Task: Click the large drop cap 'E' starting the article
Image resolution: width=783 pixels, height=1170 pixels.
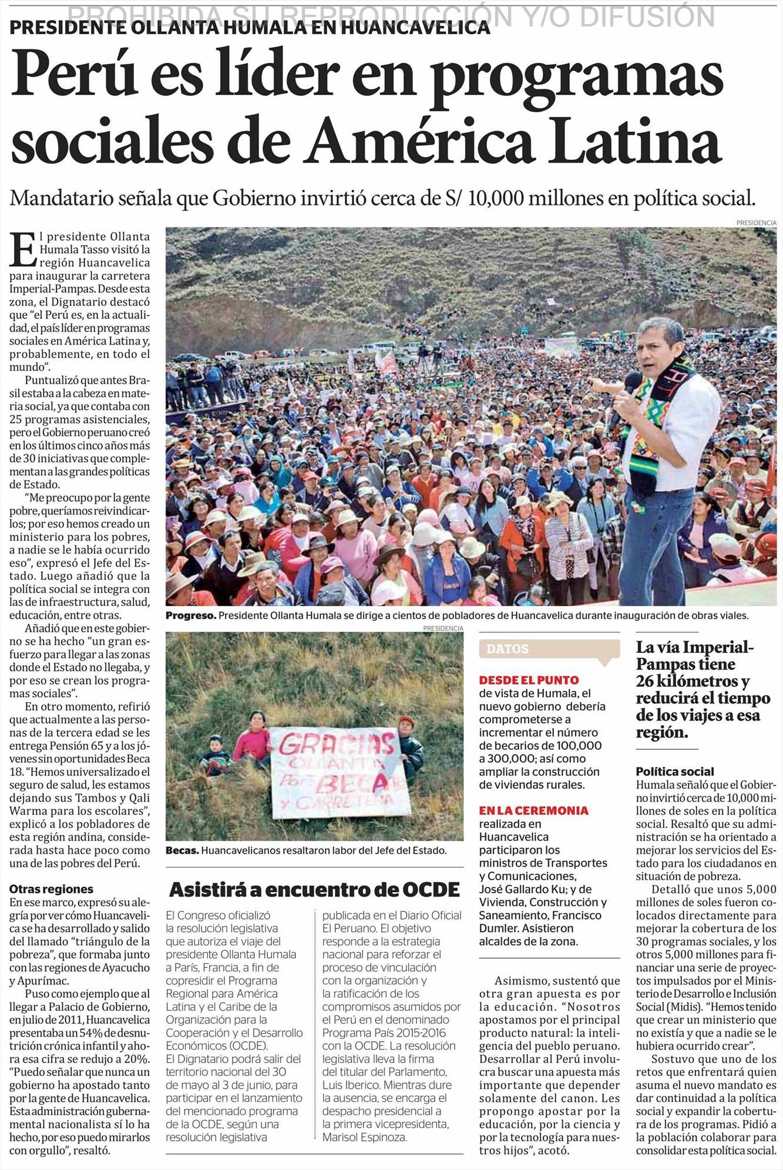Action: [22, 249]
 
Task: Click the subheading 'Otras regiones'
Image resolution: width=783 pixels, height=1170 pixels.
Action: [51, 889]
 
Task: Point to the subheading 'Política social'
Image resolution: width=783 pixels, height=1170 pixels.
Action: [675, 771]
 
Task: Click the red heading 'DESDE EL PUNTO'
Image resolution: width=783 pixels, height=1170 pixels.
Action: [529, 680]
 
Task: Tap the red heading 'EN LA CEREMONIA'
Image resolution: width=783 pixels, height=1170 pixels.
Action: [533, 810]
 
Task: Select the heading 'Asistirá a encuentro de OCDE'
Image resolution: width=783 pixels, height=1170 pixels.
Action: [314, 889]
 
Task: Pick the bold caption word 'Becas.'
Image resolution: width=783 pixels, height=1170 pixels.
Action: [182, 850]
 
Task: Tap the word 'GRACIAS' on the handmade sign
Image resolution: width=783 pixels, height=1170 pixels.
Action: [336, 745]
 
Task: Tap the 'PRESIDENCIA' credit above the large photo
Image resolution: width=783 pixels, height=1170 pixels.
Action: [756, 223]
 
